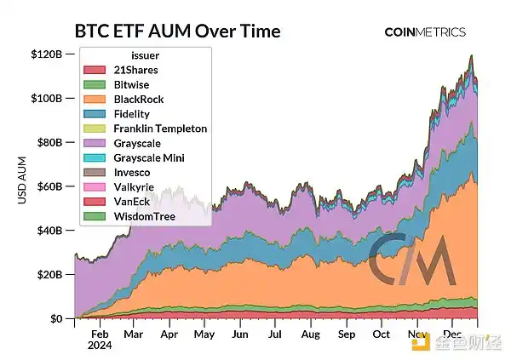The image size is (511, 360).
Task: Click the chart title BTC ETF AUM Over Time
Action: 177,31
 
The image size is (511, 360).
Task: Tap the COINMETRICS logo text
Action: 425,32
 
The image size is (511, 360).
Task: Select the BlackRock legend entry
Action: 138,99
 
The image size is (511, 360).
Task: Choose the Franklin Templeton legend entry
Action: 160,129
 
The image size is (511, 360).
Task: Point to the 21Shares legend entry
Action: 135,69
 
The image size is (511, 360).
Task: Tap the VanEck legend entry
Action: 132,203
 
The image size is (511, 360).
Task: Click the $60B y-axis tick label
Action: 48,186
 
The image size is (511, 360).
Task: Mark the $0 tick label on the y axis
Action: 55,319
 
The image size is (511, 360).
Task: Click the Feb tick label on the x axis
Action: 99,335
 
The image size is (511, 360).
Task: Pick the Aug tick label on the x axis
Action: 310,335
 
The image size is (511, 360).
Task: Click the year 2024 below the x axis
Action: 100,347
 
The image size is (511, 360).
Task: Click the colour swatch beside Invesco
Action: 96,173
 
